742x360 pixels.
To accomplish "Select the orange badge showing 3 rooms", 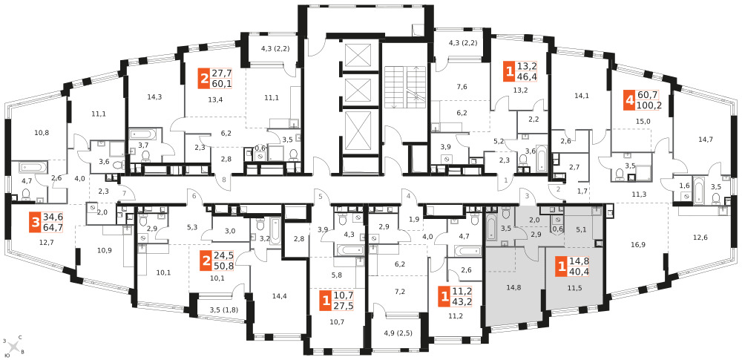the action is (36, 223).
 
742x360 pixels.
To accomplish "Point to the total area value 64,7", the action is (53, 228).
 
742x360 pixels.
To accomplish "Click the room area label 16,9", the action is (638, 245).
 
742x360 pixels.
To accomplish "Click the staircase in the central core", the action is (402, 88).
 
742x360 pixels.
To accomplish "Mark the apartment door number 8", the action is (224, 180).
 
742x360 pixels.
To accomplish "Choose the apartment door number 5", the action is (321, 196).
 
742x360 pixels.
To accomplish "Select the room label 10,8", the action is (42, 132).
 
